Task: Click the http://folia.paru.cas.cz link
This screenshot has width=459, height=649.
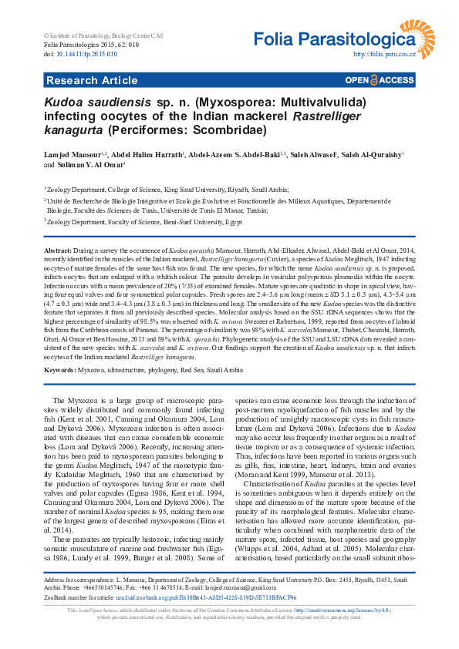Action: tap(384, 55)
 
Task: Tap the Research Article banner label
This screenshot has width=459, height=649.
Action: tap(81, 79)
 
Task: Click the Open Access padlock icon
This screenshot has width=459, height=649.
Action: tap(374, 79)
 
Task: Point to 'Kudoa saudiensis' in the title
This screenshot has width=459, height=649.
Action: tap(87, 101)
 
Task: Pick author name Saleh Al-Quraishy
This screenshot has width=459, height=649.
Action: tap(369, 154)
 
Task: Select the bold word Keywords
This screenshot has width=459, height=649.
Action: tap(59, 371)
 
